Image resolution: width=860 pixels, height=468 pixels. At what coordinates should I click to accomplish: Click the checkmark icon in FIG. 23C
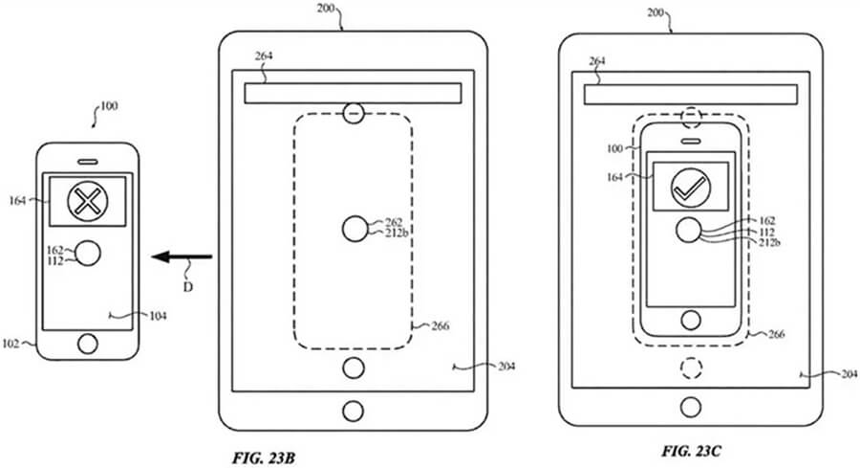tap(688, 187)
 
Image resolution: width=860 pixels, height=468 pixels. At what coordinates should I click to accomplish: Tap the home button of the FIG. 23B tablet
tap(353, 412)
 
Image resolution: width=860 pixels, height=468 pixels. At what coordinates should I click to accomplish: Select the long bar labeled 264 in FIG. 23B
tap(353, 93)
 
